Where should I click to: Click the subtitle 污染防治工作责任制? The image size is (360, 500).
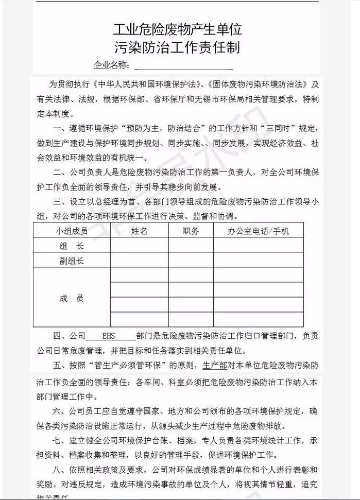click(x=178, y=48)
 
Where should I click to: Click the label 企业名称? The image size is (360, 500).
click(x=111, y=65)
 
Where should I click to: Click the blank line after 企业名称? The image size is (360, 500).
click(x=183, y=66)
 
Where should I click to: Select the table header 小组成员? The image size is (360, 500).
click(x=72, y=231)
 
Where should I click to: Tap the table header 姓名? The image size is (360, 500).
click(x=139, y=231)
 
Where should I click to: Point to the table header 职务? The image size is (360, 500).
click(x=191, y=231)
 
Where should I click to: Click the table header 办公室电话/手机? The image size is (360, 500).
click(x=258, y=231)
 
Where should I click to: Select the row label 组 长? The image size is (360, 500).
click(x=72, y=246)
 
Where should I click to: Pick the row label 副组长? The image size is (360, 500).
click(x=72, y=261)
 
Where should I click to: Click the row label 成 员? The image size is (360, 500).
click(x=72, y=298)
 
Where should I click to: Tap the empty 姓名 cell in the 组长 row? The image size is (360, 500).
click(x=139, y=246)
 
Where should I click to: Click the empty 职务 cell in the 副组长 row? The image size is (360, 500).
click(x=191, y=261)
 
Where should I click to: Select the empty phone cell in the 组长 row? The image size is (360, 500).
click(x=258, y=246)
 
